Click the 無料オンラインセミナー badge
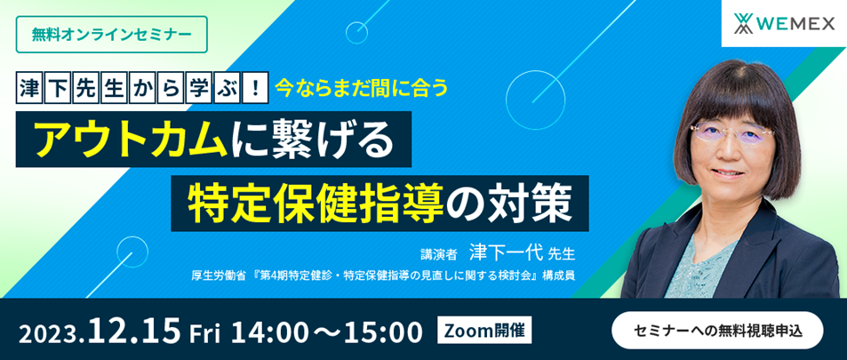(x=112, y=35)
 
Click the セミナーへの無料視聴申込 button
(x=717, y=330)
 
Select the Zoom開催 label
(x=487, y=330)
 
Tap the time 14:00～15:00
(x=326, y=332)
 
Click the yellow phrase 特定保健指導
(x=316, y=203)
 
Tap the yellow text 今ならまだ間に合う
(x=362, y=87)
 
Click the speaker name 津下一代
(x=506, y=252)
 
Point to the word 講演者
(x=439, y=253)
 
